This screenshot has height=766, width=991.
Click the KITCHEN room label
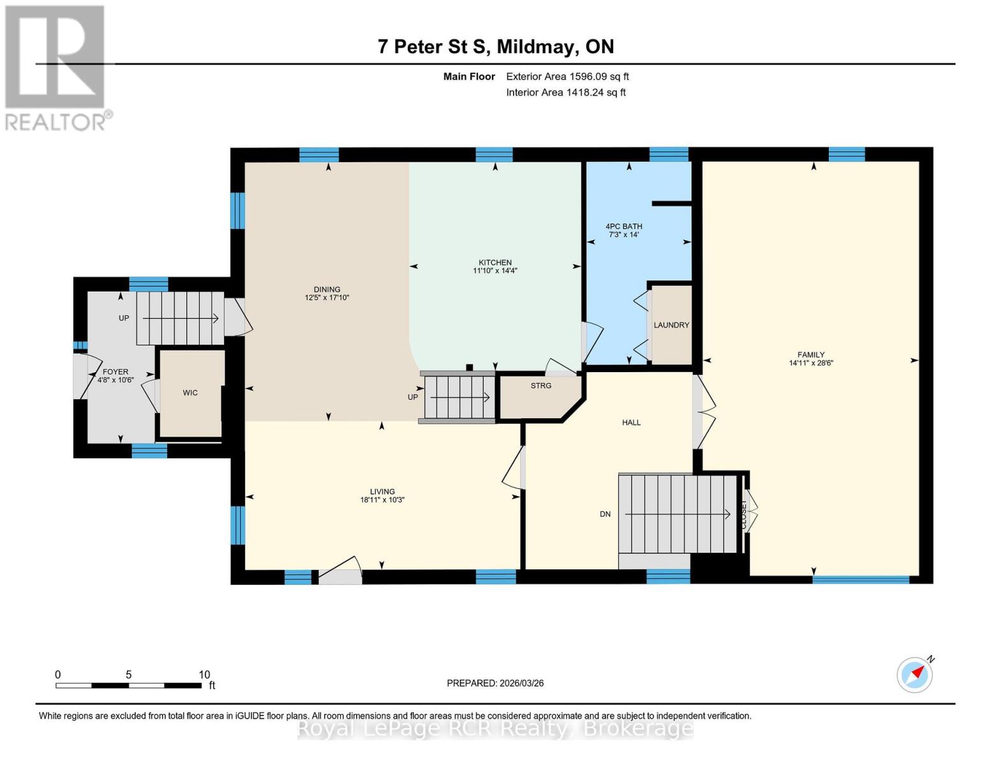tap(495, 262)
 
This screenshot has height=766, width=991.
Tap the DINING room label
tap(327, 289)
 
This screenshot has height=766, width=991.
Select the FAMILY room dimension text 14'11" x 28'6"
tap(811, 363)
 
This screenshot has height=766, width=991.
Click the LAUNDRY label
tap(671, 325)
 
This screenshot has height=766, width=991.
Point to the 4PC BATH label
tap(623, 226)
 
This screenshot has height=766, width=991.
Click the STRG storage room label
tap(540, 386)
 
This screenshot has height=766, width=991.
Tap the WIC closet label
tap(190, 393)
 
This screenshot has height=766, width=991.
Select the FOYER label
tap(115, 372)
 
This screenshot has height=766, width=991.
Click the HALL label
tap(631, 422)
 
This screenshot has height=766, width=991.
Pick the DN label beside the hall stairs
tap(605, 514)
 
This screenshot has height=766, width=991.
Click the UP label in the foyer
tap(124, 318)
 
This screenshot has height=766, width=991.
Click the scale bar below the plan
tap(128, 686)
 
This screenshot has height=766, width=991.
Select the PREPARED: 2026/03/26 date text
tap(495, 683)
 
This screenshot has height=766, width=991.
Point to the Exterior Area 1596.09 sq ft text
tap(567, 77)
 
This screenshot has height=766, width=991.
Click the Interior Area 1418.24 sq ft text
tap(565, 93)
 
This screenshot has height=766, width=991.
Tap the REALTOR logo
tap(56, 67)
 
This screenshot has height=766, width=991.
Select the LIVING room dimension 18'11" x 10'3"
tap(382, 500)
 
